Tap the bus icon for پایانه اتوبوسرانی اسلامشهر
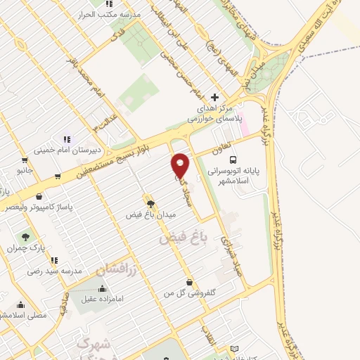pos(233,160)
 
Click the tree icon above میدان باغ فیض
pos(150,203)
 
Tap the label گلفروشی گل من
pos(188,292)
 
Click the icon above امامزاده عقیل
pos(103,288)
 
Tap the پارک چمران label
pos(26,247)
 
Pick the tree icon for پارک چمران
pos(26,238)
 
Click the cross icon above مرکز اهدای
pos(215,97)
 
